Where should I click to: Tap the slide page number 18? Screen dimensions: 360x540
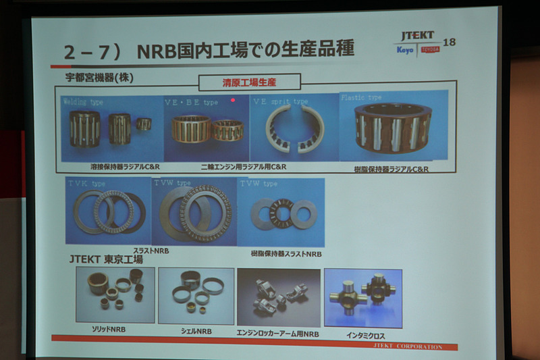(450, 43)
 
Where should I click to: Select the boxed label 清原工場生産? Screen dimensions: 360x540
(249, 82)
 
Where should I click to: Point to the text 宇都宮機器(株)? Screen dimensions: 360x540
(94, 78)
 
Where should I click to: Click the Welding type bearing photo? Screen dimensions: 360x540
(111, 128)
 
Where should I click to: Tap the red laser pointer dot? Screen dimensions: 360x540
(233, 100)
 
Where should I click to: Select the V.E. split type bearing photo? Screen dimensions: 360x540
(294, 128)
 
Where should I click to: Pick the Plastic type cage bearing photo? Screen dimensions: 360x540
(393, 126)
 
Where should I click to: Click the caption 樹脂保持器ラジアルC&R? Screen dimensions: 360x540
(391, 169)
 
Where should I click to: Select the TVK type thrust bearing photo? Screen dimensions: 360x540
(108, 211)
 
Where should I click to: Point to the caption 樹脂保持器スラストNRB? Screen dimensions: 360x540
(286, 254)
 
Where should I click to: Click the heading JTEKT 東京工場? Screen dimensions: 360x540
(106, 259)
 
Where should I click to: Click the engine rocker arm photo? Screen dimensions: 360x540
(278, 298)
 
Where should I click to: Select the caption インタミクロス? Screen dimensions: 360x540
(364, 334)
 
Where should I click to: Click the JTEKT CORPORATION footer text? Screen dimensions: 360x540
(408, 346)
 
